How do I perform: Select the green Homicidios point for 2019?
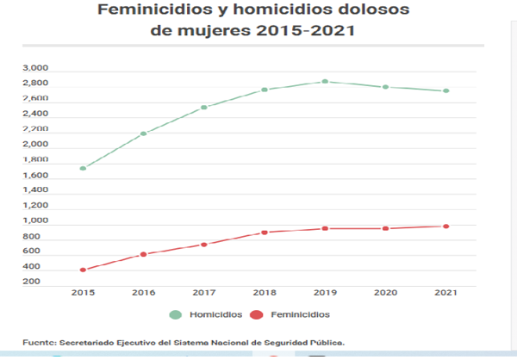[325, 82]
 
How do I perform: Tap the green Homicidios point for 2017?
[204, 108]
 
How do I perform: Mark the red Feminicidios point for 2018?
[265, 233]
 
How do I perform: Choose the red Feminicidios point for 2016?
[144, 254]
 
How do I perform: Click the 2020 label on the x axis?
[385, 293]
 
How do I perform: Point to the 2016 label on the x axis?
[144, 293]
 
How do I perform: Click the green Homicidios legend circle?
[177, 314]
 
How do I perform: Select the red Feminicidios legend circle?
[255, 314]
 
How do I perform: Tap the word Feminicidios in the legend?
[300, 314]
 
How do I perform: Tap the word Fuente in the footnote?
[38, 342]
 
